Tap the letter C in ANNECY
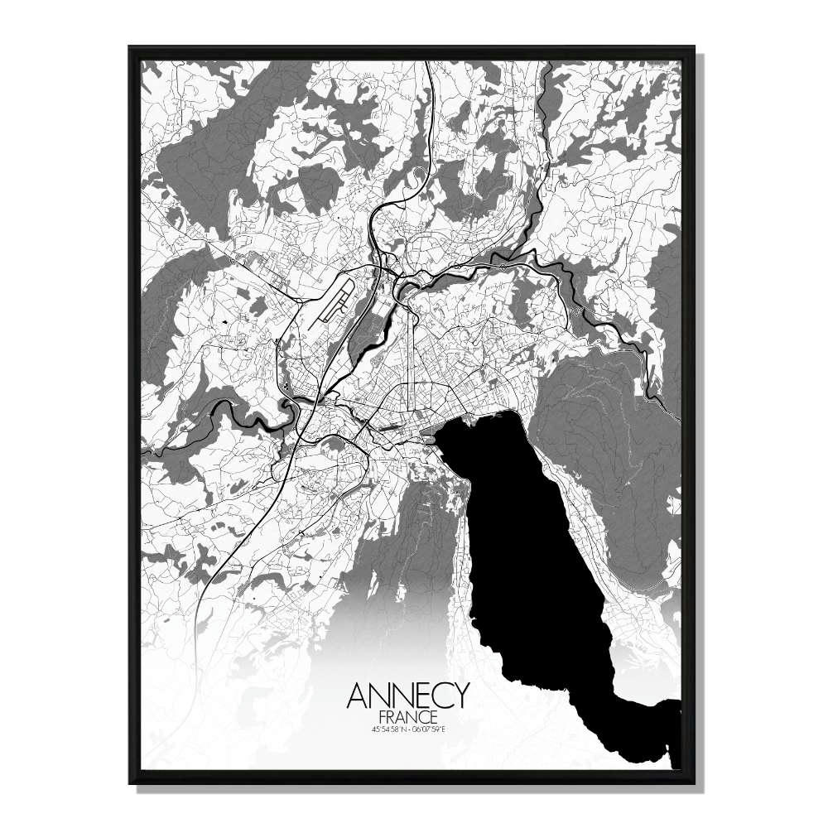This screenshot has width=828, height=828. (x=438, y=696)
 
